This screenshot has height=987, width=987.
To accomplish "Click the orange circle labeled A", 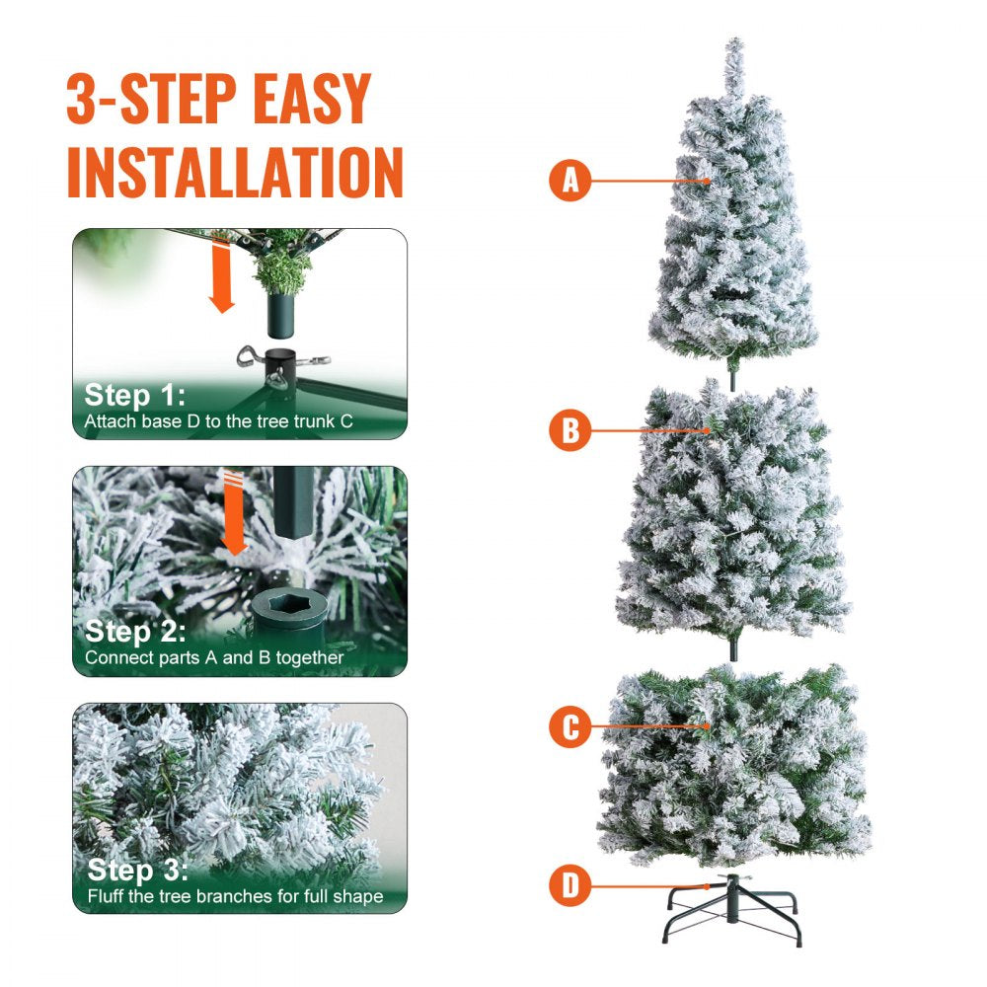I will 569,181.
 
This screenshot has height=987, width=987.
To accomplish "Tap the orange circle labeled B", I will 569,430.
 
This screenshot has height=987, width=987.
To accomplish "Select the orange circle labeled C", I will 569,727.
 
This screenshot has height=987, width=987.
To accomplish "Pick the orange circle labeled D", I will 569,885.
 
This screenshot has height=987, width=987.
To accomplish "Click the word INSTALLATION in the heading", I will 235,173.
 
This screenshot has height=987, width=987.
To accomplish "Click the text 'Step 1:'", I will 134,396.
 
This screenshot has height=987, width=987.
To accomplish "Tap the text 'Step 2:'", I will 135,632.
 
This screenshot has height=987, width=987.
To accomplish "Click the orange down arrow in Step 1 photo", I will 223,281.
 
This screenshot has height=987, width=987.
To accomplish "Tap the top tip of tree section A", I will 734,45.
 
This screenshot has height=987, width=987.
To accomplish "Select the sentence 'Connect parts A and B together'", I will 214,656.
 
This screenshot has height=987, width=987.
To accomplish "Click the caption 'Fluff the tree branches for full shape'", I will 234,896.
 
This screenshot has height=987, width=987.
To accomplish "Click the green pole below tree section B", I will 733,650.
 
